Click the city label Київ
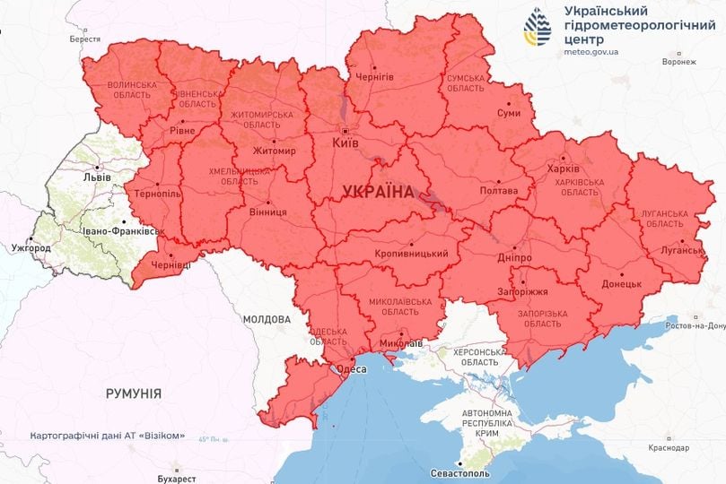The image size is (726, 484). coord(346,143)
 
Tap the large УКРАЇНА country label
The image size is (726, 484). coord(378,192)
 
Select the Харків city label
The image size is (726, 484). coord(563,168)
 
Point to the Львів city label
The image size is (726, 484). coord(96,177)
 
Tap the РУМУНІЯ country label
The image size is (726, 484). coord(133,393)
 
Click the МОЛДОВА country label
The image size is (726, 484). coord(267,319)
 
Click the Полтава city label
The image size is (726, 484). coord(498,191)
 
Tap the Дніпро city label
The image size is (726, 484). coord(513,257)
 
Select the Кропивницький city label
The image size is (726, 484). coord(411,254)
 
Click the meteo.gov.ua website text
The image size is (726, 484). coord(592,53)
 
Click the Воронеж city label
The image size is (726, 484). coord(678,63)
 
